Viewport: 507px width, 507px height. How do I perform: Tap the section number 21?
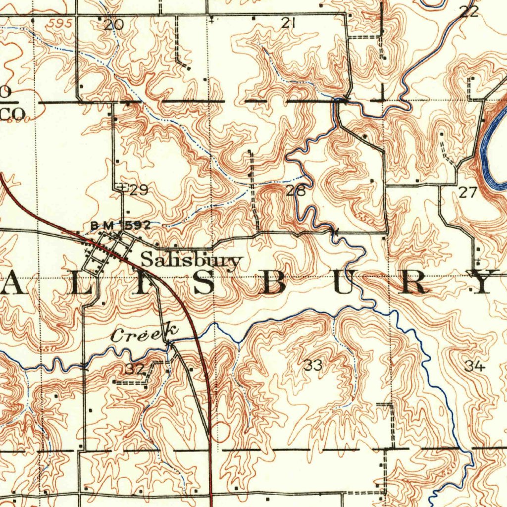[288, 22]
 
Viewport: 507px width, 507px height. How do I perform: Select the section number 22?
[469, 12]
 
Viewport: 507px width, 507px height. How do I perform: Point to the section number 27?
[467, 193]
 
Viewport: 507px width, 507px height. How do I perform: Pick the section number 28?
[295, 191]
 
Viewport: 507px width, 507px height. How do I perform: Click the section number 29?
[138, 190]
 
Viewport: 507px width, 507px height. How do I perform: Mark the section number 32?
[134, 369]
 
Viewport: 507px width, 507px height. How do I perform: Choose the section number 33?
[313, 366]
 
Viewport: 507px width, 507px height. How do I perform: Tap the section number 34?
[474, 366]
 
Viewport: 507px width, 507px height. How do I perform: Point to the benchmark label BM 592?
[120, 226]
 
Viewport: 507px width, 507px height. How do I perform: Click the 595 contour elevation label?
[61, 23]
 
